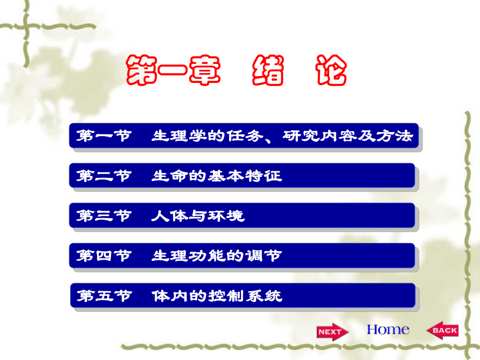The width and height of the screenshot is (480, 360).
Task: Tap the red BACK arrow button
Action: [x=442, y=330]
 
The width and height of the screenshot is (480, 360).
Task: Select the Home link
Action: [x=388, y=330]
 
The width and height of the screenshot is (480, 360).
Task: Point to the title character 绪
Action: [x=269, y=71]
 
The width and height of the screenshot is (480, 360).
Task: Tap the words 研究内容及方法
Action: [x=348, y=136]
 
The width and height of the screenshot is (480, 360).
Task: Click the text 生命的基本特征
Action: [x=217, y=176]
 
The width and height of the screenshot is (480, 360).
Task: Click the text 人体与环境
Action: [x=198, y=216]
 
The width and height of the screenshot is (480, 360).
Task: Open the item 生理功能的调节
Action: [x=217, y=256]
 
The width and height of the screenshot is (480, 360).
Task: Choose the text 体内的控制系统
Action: [x=217, y=296]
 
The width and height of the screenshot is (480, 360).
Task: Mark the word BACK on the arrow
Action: [x=445, y=330]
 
